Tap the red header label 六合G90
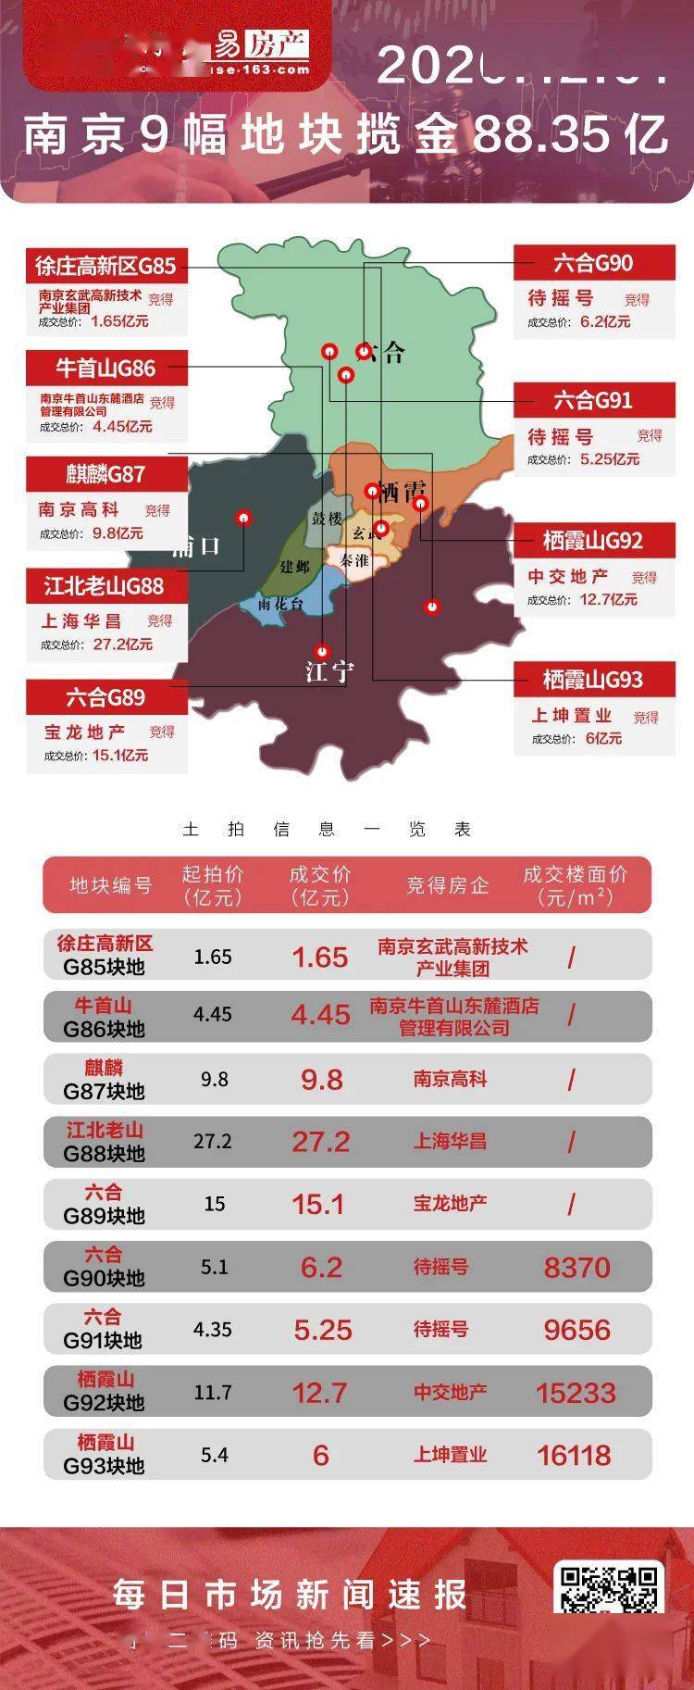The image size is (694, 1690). (593, 263)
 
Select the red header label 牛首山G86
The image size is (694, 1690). (106, 368)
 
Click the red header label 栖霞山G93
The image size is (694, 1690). (592, 681)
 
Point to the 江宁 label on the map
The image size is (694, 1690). (328, 670)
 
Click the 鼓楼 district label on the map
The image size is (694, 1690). (327, 519)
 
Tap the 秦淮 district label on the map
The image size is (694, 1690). (353, 560)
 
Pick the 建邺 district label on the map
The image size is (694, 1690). (295, 566)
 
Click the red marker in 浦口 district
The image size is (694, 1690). (244, 518)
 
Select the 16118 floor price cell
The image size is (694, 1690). (574, 1455)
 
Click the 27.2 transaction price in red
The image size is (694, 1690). (321, 1142)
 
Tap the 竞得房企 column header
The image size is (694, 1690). (447, 885)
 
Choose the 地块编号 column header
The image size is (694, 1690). (111, 885)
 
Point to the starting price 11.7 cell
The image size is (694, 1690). (213, 1392)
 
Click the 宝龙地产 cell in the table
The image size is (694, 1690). (450, 1203)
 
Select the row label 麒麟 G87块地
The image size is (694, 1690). (105, 1080)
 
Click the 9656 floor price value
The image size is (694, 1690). (576, 1330)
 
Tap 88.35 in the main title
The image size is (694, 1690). (541, 136)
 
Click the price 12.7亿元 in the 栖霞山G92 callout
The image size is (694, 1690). (608, 599)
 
